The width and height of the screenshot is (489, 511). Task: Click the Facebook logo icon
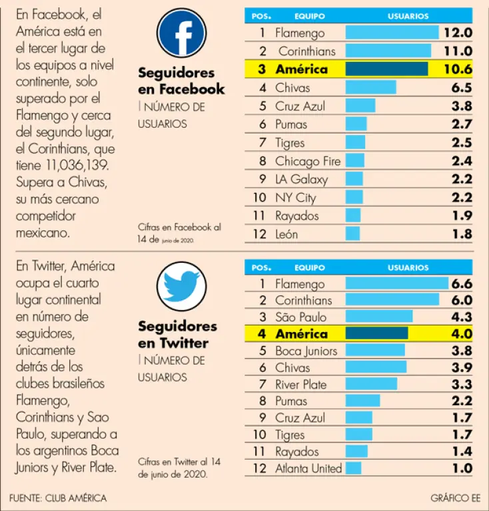(x=181, y=33)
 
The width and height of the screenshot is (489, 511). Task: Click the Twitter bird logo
(x=181, y=287)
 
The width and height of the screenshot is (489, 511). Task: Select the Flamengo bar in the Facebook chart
(x=392, y=33)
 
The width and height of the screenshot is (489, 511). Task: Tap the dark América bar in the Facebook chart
(x=386, y=69)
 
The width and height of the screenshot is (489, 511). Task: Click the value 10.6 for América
(x=458, y=69)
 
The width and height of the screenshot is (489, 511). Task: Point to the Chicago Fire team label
(x=307, y=161)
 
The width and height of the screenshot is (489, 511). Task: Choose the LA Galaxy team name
(x=301, y=180)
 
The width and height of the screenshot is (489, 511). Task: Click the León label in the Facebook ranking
(x=286, y=234)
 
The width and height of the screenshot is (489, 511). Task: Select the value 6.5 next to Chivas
(x=460, y=88)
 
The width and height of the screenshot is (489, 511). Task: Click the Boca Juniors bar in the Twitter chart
(x=375, y=351)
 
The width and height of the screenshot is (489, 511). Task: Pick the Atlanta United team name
(x=308, y=468)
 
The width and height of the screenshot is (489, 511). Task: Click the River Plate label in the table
(x=301, y=385)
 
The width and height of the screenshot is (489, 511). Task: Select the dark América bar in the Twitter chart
(x=376, y=334)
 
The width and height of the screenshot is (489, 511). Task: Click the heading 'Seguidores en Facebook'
(x=181, y=81)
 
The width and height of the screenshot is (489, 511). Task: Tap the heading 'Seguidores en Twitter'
(x=177, y=335)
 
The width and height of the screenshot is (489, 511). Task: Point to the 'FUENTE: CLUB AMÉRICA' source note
(x=58, y=498)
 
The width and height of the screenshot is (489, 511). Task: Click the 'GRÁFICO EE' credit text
(x=455, y=498)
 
